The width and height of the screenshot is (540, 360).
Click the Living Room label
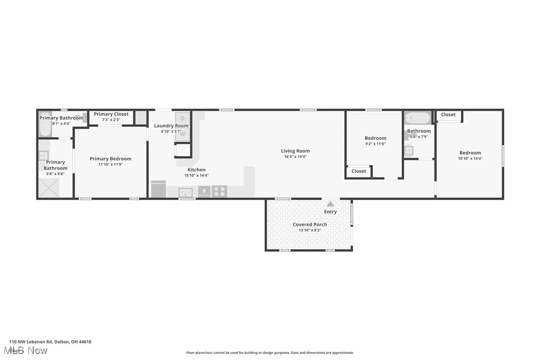(x=295, y=151)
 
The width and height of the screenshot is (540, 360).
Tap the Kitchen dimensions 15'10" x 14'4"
(x=196, y=175)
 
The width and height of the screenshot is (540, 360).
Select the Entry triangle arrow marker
(x=330, y=203)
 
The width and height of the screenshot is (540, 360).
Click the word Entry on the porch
(x=330, y=212)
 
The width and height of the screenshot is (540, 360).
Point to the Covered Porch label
(x=310, y=224)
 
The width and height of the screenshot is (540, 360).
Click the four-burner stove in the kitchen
(x=219, y=191)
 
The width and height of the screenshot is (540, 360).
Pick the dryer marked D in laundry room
(x=182, y=118)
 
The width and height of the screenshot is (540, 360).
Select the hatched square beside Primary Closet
(x=141, y=117)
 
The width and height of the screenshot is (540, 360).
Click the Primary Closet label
(x=111, y=114)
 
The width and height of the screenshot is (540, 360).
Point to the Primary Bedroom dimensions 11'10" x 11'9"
(x=110, y=165)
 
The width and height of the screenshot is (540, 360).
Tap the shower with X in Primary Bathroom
(x=49, y=187)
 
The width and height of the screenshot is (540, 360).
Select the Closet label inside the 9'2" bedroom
(x=359, y=171)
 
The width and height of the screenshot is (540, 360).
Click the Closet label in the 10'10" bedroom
(x=448, y=114)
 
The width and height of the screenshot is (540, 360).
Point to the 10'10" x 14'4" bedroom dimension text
(x=470, y=159)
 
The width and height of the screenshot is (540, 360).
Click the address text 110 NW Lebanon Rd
(x=50, y=342)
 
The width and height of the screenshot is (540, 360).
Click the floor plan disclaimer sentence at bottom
(x=270, y=353)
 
